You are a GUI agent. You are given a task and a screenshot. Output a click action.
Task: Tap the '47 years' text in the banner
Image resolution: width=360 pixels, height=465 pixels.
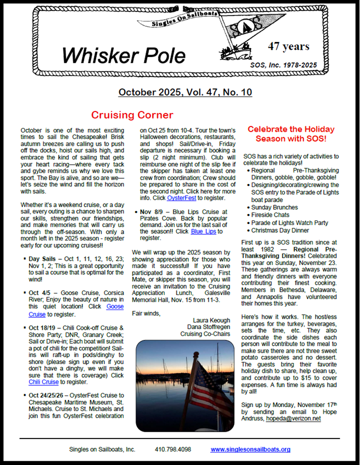(288, 46)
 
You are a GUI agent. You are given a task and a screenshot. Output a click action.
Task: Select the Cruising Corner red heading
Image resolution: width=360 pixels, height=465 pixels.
(132, 115)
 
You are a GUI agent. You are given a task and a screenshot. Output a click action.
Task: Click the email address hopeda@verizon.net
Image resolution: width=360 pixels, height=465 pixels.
(293, 419)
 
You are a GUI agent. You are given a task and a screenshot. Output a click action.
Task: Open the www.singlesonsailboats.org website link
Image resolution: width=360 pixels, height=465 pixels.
(250, 449)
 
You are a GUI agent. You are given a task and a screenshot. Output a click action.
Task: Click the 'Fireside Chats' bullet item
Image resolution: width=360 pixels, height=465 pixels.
(271, 214)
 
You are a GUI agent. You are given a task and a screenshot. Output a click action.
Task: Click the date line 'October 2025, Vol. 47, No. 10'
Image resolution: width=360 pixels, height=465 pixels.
(185, 92)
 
